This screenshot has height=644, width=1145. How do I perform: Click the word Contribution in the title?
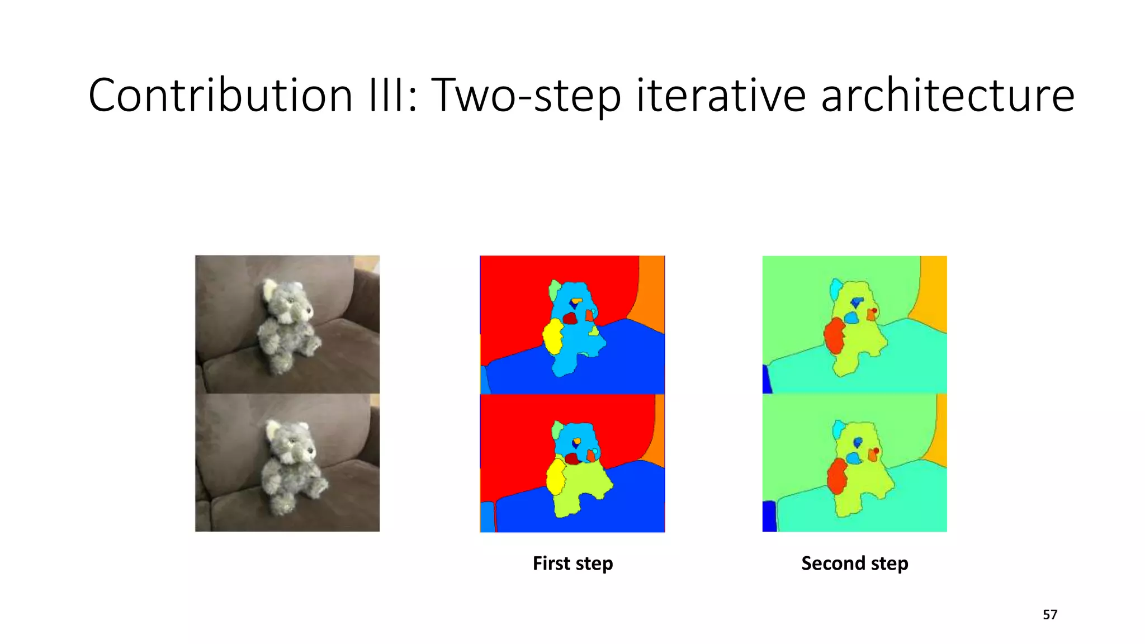pyautogui.click(x=220, y=95)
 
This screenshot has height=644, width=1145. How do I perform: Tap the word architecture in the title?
pyautogui.click(x=947, y=95)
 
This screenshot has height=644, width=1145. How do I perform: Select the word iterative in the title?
pyautogui.click(x=721, y=95)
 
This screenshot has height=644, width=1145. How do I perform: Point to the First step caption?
pyautogui.click(x=572, y=563)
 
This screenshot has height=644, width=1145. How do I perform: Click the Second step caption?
pyautogui.click(x=854, y=563)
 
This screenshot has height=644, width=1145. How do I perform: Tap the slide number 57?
pyautogui.click(x=1049, y=615)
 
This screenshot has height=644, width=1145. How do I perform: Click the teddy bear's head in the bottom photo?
pyautogui.click(x=291, y=442)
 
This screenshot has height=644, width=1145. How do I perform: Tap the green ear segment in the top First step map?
pyautogui.click(x=554, y=290)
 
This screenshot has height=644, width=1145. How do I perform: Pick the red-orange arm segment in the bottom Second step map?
pyautogui.click(x=836, y=475)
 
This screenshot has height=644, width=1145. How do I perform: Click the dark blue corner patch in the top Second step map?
pyautogui.click(x=767, y=380)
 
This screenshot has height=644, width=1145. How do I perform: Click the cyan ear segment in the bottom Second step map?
pyautogui.click(x=837, y=429)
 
